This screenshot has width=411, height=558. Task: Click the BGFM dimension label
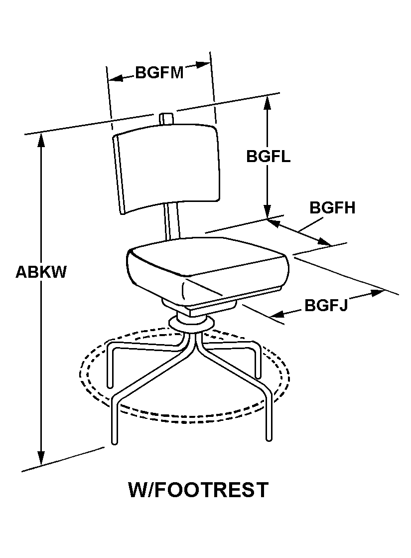pos(159,73)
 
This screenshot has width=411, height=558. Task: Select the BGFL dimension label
pos(269,156)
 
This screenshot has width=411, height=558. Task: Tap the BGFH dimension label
pos(332,208)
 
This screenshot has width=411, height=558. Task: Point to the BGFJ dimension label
pos(326,305)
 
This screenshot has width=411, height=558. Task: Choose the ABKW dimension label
pos(41,272)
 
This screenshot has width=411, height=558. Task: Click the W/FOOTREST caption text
pos(198,490)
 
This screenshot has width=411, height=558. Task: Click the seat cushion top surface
pos(208,256)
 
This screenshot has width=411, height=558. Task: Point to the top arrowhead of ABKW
pos(41,140)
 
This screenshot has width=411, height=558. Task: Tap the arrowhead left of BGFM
pos(116,78)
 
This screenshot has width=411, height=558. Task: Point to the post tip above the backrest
pos(166,115)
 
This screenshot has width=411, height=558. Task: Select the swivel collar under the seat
pos(191,323)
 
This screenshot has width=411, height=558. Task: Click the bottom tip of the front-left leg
pos(115,442)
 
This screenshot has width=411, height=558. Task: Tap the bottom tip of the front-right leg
pos(269,439)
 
